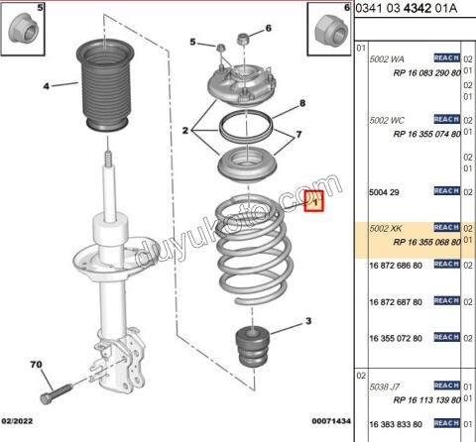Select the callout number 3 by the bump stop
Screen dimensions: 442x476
coord(308,321)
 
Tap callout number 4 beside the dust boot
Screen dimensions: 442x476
coord(45,86)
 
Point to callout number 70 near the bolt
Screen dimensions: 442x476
coord(37,367)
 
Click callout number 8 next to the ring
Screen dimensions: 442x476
coord(303,104)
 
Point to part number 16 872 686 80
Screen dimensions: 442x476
coord(396,266)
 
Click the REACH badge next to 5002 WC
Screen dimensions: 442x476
coord(446,120)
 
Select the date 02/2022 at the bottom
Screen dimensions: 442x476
coord(23,422)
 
